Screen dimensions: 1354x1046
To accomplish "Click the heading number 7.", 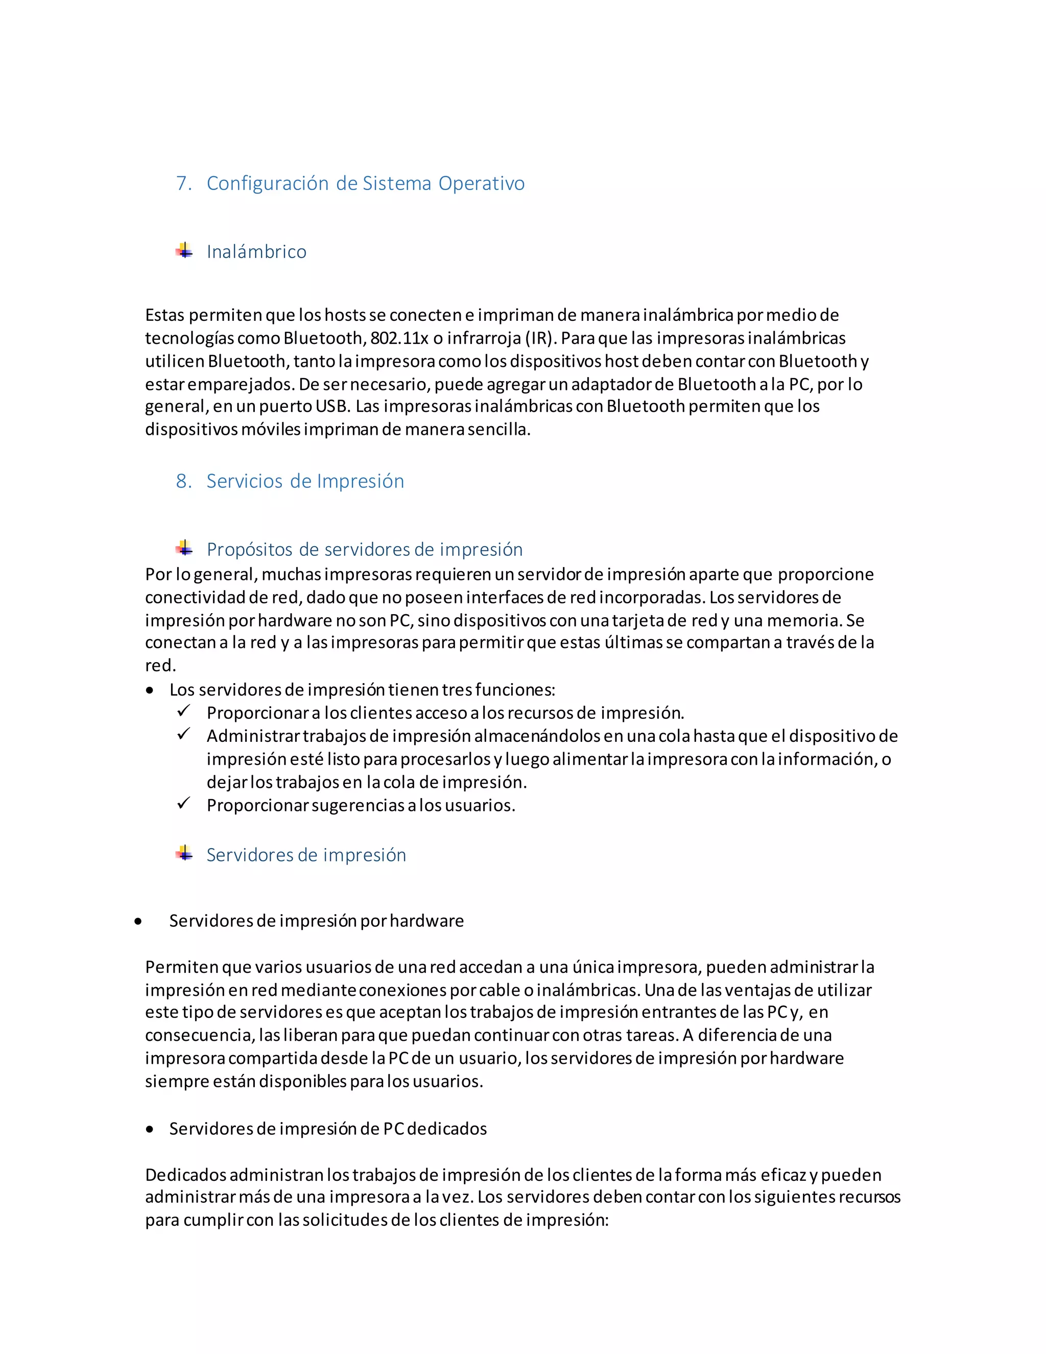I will coord(183,183).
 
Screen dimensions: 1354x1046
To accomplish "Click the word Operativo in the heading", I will coord(482,183).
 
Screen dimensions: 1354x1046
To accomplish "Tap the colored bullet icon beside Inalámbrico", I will coord(184,250).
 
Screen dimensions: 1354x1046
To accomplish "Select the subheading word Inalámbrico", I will coord(256,252).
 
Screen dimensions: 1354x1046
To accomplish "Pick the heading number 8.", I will coord(183,481).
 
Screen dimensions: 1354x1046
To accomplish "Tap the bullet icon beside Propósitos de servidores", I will coord(184,548).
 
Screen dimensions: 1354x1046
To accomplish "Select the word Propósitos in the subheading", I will coord(250,550).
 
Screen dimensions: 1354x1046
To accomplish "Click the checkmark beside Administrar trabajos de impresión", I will coord(183,734).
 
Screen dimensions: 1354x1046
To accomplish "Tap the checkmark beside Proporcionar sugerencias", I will coord(183,804).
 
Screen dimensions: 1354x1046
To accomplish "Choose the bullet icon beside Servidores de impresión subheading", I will coord(184,853).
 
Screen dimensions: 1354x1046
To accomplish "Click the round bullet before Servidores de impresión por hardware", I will coord(137,922).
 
